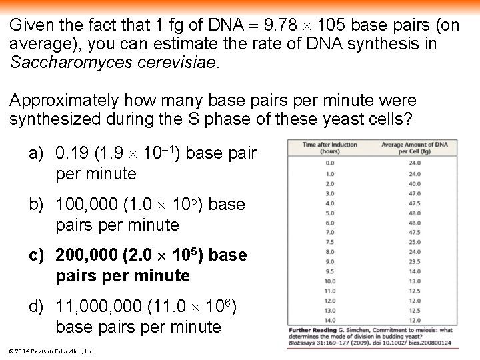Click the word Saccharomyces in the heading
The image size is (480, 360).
[x=63, y=63]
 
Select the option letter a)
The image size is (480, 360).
[x=37, y=154]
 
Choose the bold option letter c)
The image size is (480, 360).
[x=37, y=255]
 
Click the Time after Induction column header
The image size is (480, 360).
[x=329, y=147]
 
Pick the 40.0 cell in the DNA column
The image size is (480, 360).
[x=414, y=183]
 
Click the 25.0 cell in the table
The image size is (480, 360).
[x=414, y=241]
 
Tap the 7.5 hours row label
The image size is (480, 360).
[x=329, y=241]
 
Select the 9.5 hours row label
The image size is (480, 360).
[x=329, y=271]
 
